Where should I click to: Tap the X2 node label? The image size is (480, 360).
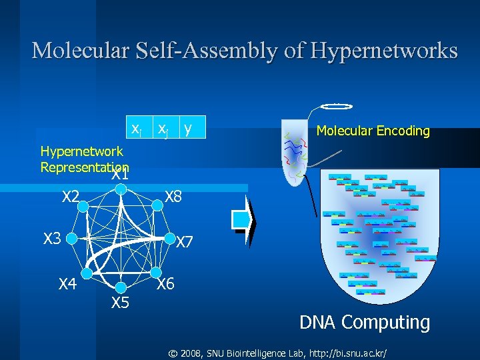coord(71,197)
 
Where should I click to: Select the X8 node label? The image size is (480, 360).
coord(173,197)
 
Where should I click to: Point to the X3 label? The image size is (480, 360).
coord(52,238)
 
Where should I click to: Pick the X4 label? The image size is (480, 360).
coord(67,285)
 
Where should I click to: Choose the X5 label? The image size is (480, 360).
coord(120,303)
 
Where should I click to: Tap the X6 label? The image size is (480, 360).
coord(165,284)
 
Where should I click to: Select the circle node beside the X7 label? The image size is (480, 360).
coord(166,238)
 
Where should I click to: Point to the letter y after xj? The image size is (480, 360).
coord(188,127)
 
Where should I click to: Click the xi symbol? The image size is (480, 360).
coord(136,127)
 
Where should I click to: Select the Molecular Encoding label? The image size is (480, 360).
coord(373,131)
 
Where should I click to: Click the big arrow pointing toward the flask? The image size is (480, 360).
coord(245,219)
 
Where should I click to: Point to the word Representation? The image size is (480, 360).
coord(85,167)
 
